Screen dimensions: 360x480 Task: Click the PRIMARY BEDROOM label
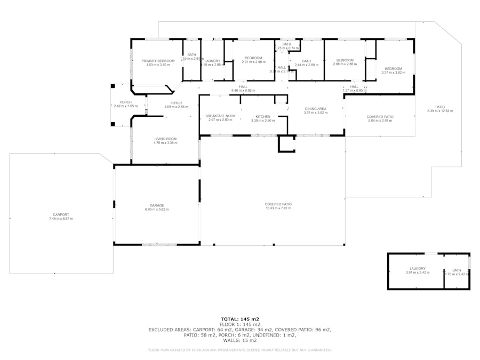(x=158, y=61)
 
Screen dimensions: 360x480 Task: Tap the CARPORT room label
(x=61, y=214)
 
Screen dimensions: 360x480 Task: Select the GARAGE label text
(x=157, y=205)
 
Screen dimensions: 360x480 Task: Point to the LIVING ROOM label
(x=165, y=139)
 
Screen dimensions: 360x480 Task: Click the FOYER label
(x=176, y=103)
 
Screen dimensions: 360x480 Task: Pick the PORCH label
(x=125, y=102)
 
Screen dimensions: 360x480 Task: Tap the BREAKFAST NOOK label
(x=220, y=116)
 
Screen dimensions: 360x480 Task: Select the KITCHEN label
(x=263, y=116)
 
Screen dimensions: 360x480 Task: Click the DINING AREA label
(x=315, y=108)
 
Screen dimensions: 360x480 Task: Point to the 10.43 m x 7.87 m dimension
(x=278, y=209)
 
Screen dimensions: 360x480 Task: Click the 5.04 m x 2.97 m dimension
(x=380, y=121)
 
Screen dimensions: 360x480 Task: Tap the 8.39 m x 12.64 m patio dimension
(x=440, y=111)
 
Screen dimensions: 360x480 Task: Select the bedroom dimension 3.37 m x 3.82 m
(x=393, y=73)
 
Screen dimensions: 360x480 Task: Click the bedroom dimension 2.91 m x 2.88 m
(x=253, y=62)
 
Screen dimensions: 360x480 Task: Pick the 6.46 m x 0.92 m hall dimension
(x=243, y=91)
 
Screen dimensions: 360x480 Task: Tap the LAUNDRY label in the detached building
(x=417, y=268)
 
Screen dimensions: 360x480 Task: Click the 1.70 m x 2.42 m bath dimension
(x=457, y=274)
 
